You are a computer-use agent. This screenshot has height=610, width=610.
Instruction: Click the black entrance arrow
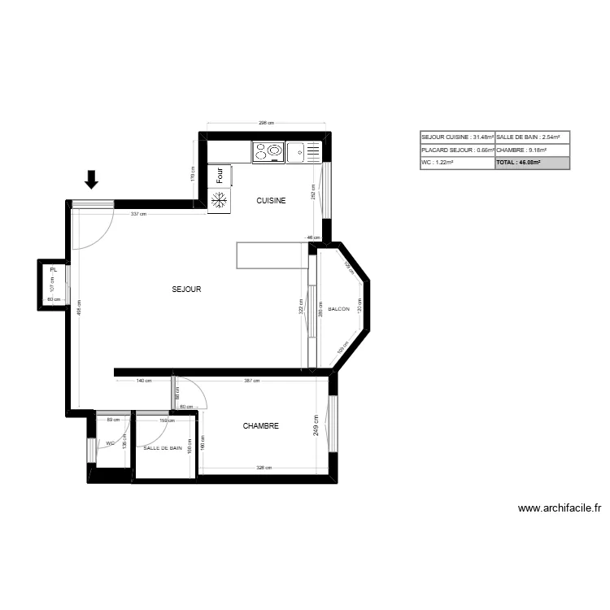[x=92, y=179]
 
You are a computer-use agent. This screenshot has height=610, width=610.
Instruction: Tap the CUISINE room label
[x=271, y=200]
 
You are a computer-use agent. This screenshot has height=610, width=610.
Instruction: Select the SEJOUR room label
[x=186, y=289]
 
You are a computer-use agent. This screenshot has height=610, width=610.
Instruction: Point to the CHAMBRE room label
[x=261, y=425]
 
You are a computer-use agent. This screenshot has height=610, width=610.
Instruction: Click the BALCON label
[x=338, y=309]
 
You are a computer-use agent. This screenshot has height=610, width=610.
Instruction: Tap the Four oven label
[x=219, y=175]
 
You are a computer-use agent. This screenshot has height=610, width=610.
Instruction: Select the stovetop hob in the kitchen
[x=268, y=150]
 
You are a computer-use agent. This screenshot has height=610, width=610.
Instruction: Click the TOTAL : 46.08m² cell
[x=532, y=163]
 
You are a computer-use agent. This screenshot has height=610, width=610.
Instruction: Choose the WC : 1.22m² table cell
[x=456, y=163]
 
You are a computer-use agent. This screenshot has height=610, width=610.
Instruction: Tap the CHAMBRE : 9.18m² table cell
[x=532, y=150]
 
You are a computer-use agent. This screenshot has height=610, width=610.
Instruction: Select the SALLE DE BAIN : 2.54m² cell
[x=532, y=137]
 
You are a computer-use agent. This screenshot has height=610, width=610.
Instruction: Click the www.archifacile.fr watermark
[x=560, y=508]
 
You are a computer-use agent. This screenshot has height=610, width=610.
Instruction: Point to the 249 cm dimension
[x=317, y=425]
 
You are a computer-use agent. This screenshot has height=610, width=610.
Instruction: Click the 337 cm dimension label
[x=138, y=214]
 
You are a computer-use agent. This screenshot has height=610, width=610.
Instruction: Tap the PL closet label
[x=53, y=268]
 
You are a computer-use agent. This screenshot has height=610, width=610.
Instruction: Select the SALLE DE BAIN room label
[x=163, y=447]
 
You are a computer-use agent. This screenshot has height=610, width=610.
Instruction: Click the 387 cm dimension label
[x=251, y=381]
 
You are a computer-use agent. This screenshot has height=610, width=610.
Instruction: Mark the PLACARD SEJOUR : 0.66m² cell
[x=456, y=150]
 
